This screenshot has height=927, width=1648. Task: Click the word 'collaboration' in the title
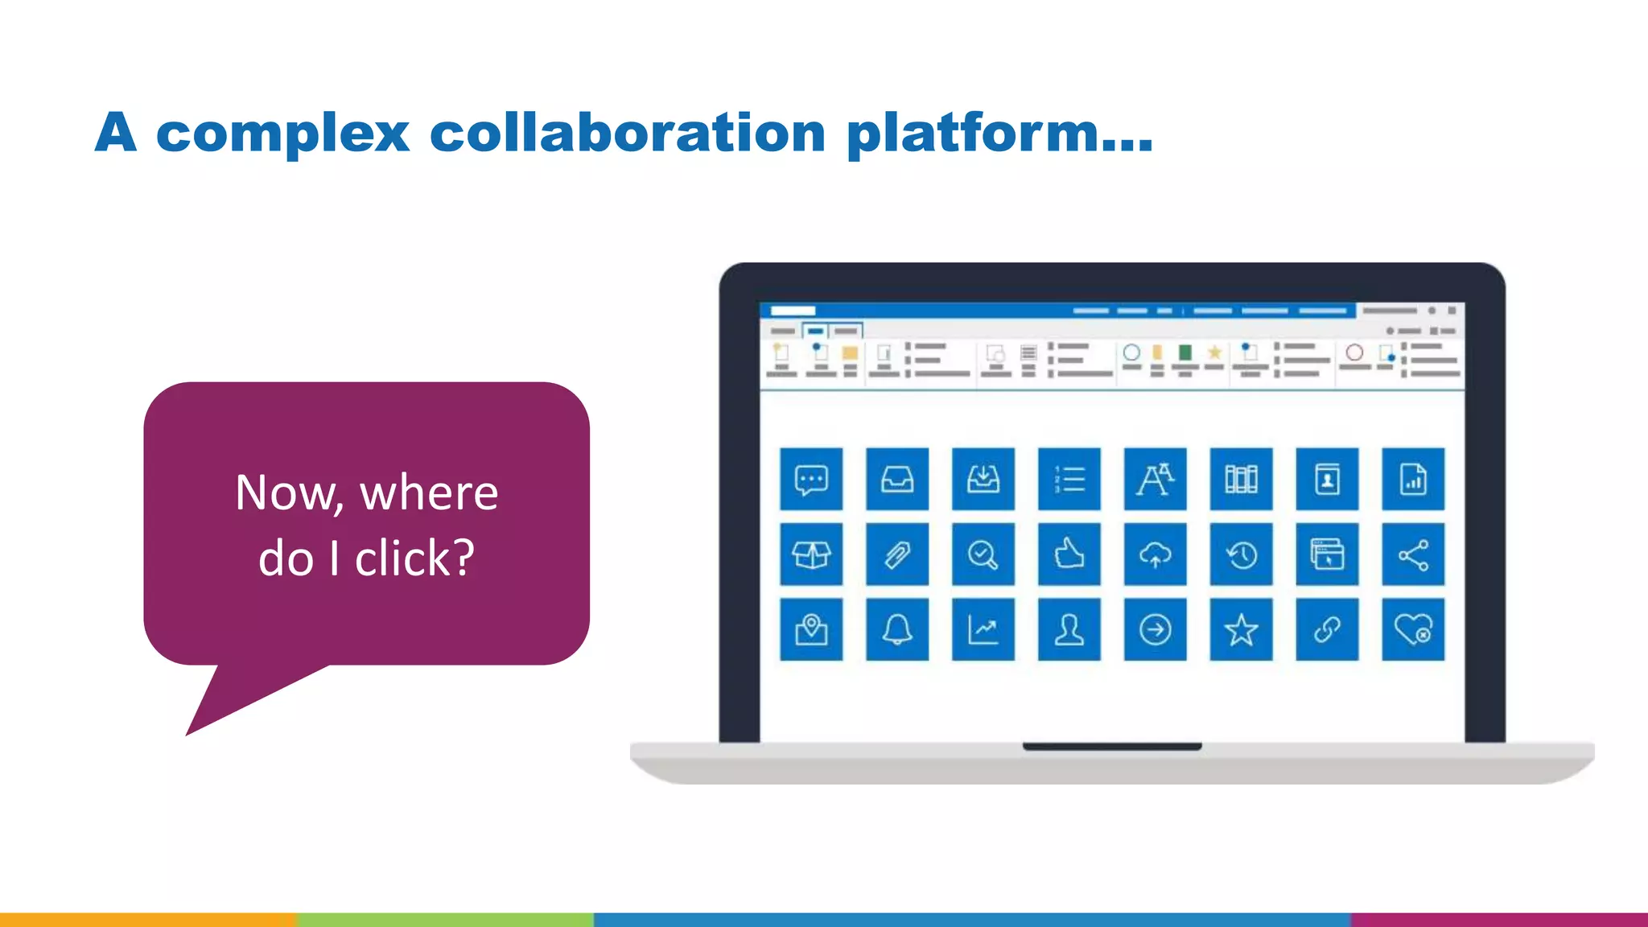click(627, 133)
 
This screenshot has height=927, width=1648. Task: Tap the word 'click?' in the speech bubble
click(414, 558)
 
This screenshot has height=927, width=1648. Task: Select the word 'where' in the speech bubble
click(429, 492)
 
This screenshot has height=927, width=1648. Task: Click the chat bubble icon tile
click(811, 480)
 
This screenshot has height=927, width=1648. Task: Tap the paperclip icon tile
click(897, 554)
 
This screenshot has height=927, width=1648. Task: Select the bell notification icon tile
click(897, 629)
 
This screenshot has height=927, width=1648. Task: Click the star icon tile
click(1241, 629)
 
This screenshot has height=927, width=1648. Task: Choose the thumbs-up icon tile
click(1069, 554)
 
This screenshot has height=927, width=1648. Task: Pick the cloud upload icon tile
click(1155, 554)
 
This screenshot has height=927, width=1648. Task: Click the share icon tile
click(1413, 554)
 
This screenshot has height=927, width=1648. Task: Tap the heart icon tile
click(1413, 629)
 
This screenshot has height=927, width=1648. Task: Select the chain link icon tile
click(1327, 629)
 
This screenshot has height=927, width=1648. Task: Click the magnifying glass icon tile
click(983, 554)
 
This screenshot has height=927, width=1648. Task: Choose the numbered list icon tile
click(1069, 480)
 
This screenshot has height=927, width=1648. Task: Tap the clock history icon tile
click(1241, 554)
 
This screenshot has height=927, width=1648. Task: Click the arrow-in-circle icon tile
click(1155, 629)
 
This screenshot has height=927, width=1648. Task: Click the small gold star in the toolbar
click(1214, 352)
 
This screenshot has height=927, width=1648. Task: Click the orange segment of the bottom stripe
click(148, 919)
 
